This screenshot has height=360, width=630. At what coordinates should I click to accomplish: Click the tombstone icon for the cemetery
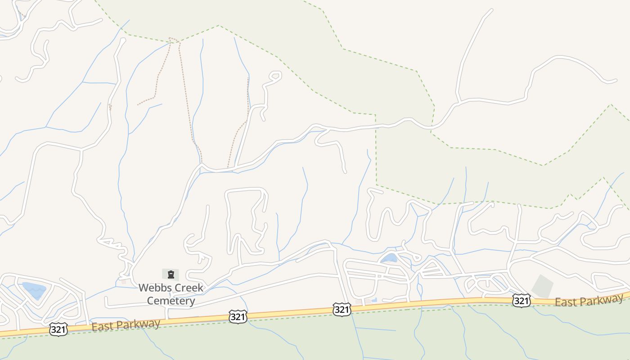pyautogui.click(x=171, y=274)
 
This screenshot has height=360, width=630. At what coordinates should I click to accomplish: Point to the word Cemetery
pyautogui.click(x=171, y=301)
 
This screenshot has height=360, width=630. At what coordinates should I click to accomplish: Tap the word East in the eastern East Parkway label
pyautogui.click(x=565, y=302)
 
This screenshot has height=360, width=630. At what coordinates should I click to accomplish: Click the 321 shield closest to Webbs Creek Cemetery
pyautogui.click(x=237, y=316)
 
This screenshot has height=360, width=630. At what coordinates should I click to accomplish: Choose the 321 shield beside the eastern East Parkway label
pyautogui.click(x=521, y=300)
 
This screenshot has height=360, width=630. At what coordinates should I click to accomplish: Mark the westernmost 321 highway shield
pyautogui.click(x=58, y=330)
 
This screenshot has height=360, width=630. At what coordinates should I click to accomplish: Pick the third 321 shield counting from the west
pyautogui.click(x=342, y=309)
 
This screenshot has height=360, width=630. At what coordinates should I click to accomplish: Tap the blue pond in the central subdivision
pyautogui.click(x=389, y=258)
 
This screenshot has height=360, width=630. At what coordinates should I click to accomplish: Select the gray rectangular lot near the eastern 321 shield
pyautogui.click(x=543, y=286)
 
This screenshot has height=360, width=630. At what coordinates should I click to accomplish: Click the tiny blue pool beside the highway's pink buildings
pyautogui.click(x=374, y=300)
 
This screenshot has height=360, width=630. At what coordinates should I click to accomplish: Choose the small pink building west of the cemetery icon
pyautogui.click(x=124, y=282)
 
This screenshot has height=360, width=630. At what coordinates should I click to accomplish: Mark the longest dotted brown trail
pyautogui.click(x=189, y=103)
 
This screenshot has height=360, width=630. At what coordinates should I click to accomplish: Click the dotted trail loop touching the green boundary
pyautogui.click(x=174, y=40)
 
